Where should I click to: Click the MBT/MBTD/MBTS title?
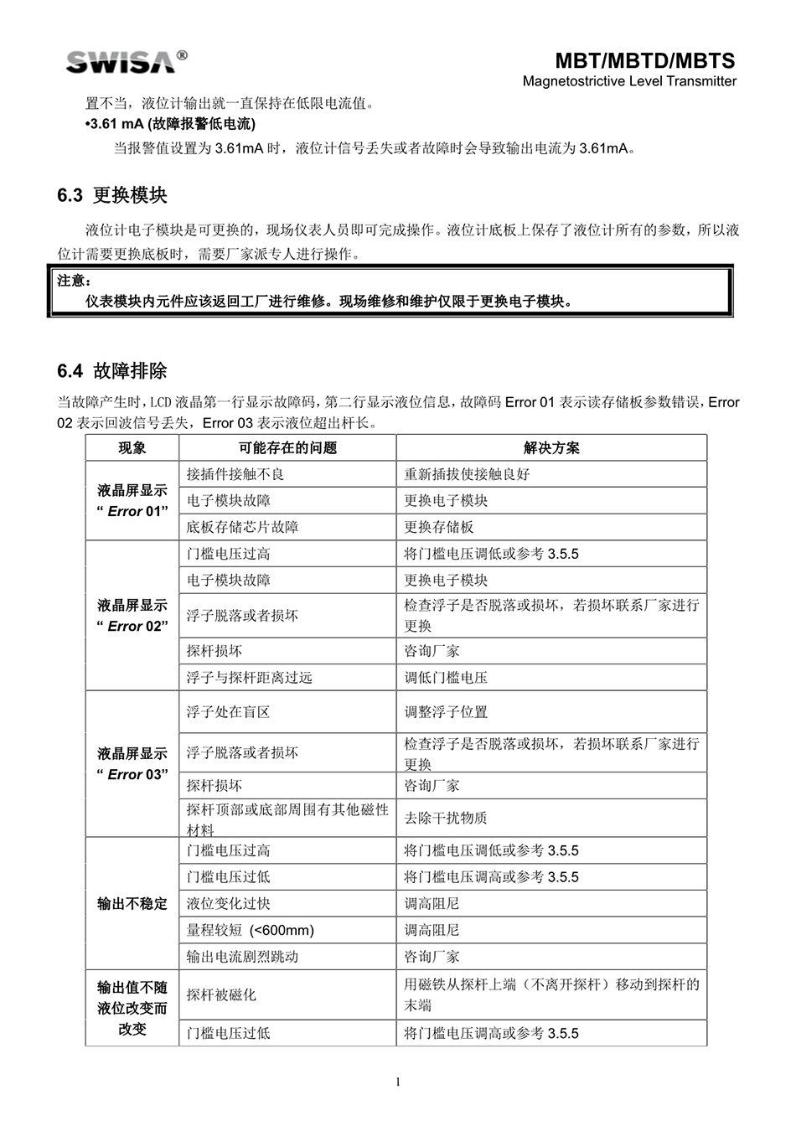(x=644, y=60)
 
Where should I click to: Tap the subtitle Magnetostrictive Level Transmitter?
(x=629, y=81)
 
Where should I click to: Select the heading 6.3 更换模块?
(x=112, y=195)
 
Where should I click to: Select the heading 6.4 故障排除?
(x=112, y=371)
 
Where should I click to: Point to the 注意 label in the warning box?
(x=74, y=281)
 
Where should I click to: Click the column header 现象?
(x=132, y=447)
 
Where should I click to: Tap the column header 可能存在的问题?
(x=287, y=447)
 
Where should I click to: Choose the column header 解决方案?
(x=550, y=447)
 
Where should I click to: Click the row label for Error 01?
(x=132, y=500)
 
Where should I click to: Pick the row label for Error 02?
(x=132, y=616)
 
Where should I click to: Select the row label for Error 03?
(x=132, y=764)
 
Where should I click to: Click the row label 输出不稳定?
(x=132, y=904)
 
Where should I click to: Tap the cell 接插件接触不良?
(x=235, y=474)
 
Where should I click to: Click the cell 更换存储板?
(x=439, y=527)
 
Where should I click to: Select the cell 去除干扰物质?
(x=446, y=818)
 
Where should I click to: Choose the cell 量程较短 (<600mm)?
(x=251, y=930)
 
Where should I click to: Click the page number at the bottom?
(x=398, y=1082)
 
